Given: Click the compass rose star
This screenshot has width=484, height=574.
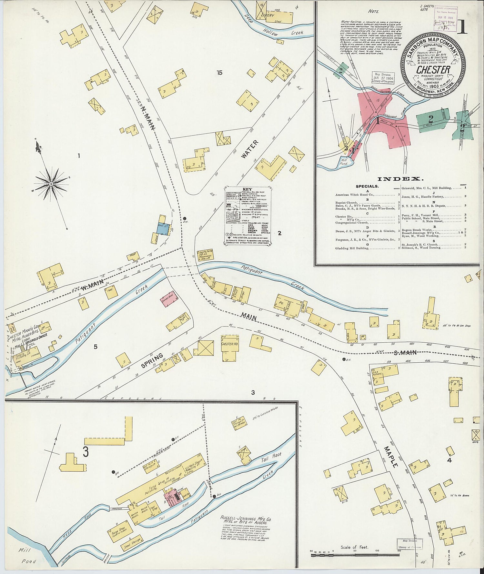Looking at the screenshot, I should coord(51,184).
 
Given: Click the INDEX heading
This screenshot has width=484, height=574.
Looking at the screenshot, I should coord(400,179).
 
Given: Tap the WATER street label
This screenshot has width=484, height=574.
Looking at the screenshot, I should coord(250,149).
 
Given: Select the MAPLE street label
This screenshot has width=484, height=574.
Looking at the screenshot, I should coord(391,457).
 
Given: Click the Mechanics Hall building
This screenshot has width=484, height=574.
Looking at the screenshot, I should coord(204,256).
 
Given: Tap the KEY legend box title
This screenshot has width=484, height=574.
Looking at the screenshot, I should coord(247,189).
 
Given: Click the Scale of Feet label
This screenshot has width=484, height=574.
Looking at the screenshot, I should coord(354,547).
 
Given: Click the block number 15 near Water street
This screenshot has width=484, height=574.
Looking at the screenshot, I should coord(220,73).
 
